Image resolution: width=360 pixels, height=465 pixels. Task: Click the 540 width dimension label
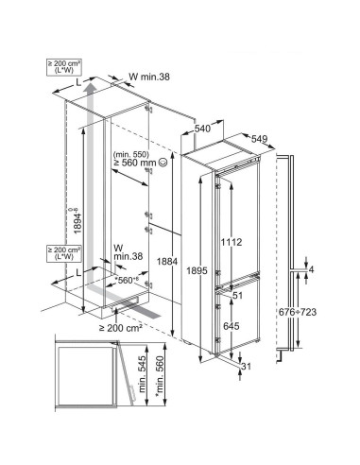pos(202,129)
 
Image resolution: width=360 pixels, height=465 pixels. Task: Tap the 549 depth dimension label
pos(259,139)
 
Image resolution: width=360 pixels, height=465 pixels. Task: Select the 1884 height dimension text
pos(167,262)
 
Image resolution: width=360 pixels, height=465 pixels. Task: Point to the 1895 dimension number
pos(197,270)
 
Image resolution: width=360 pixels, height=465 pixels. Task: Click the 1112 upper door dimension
pos(231,242)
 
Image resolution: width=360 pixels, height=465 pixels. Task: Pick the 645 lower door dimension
pos(231,326)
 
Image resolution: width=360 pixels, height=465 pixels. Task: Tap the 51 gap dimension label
pos(237,295)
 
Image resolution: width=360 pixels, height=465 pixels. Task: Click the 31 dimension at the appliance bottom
pos(246,367)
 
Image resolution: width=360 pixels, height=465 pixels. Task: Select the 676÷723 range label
pos(298,312)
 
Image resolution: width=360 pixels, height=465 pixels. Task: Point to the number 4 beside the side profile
pos(311,269)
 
